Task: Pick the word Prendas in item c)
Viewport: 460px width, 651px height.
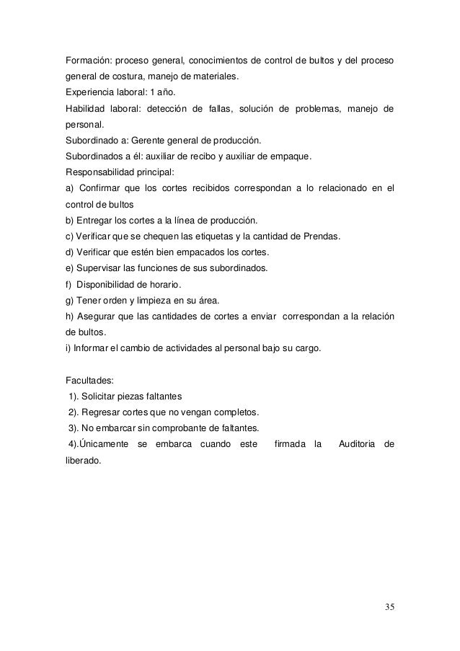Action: (x=324, y=236)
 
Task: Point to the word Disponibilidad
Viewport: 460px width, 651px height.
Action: (x=107, y=284)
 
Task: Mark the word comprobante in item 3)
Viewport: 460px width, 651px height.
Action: (x=205, y=428)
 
